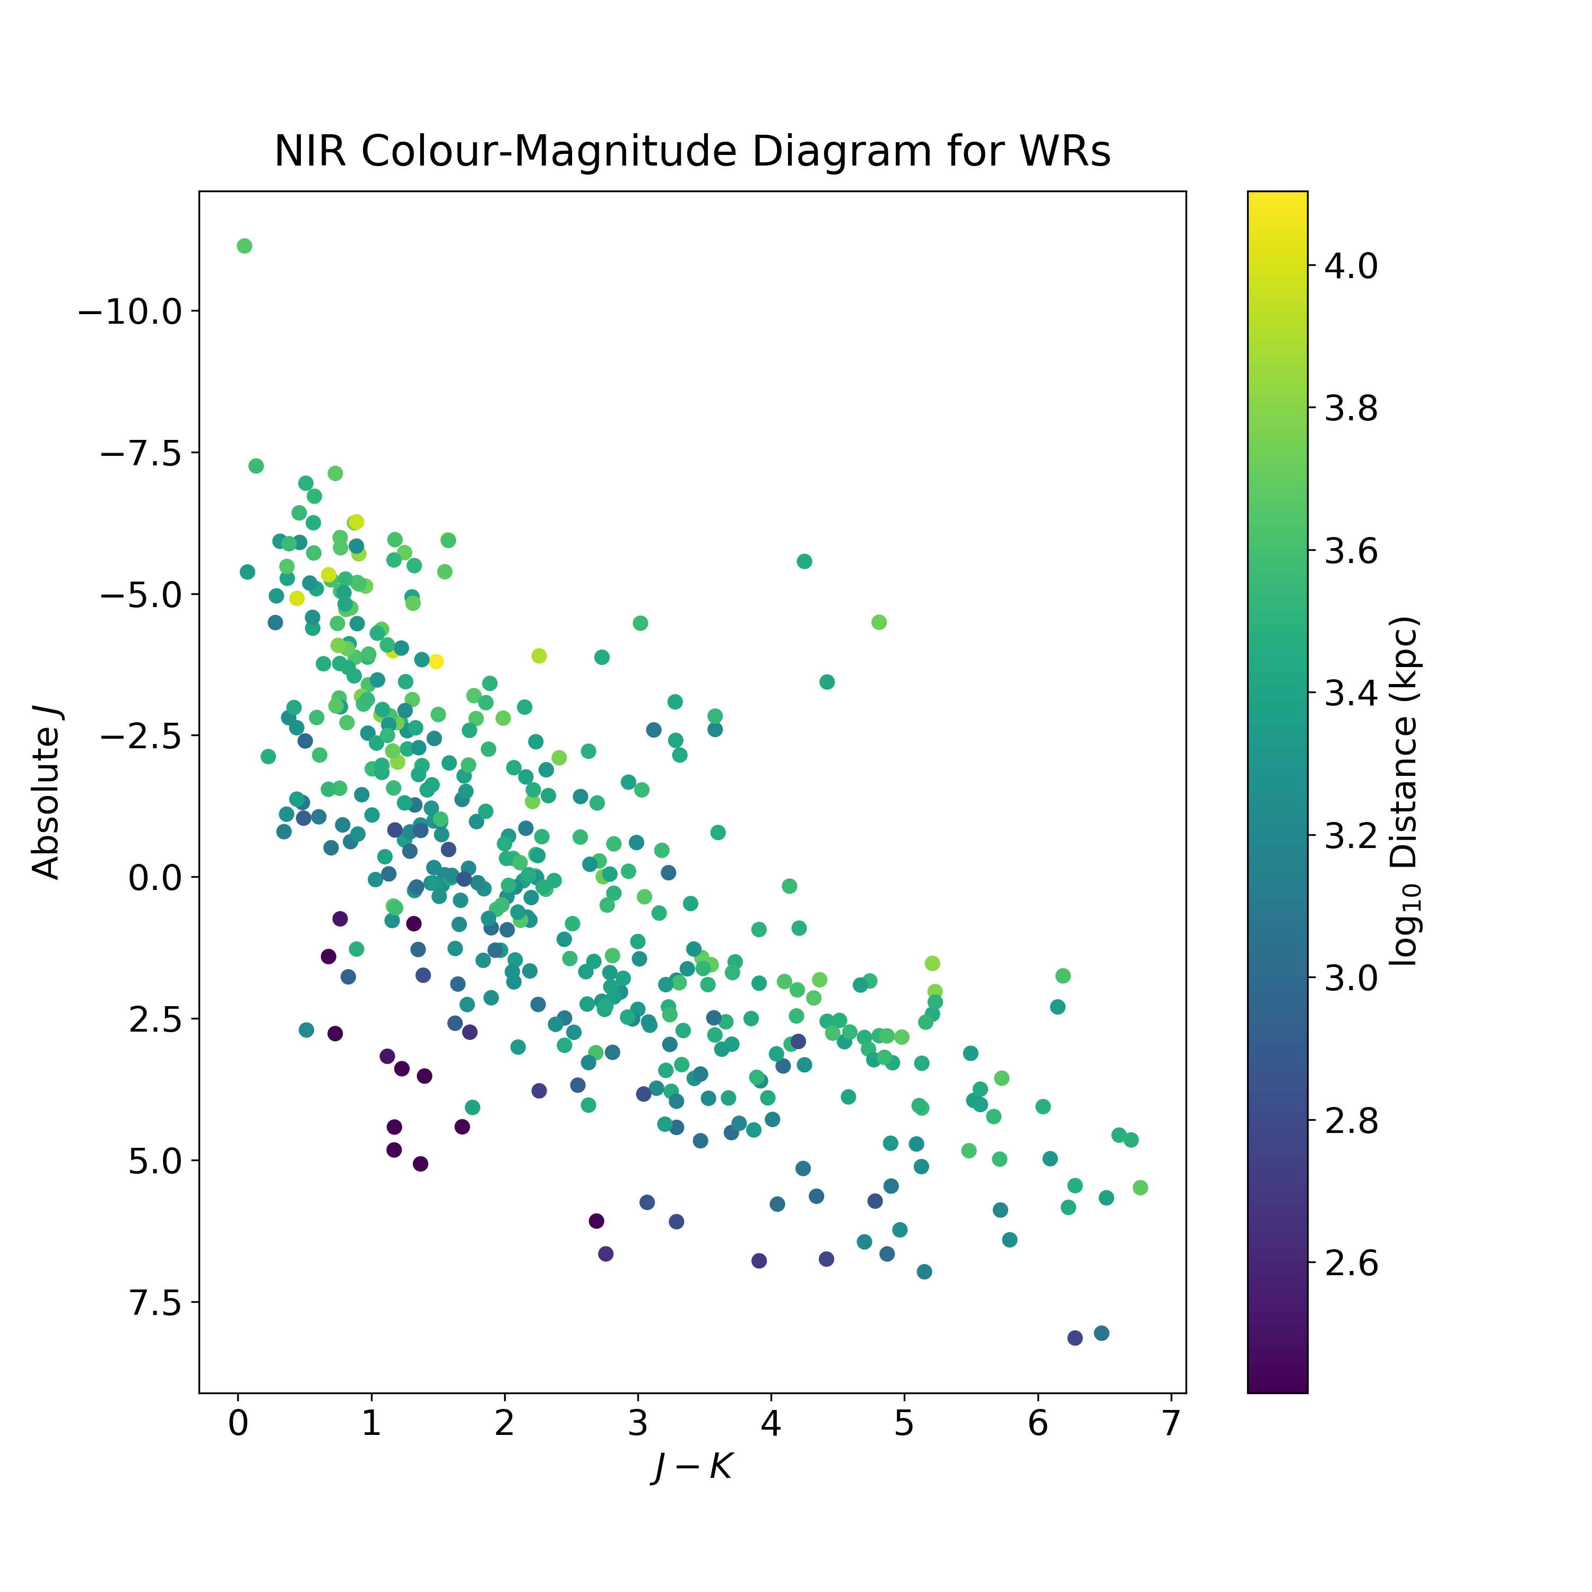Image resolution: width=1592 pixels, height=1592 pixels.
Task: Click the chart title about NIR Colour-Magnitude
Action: (692, 152)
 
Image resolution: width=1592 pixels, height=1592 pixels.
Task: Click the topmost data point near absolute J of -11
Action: (244, 246)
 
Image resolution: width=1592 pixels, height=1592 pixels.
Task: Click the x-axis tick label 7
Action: (1171, 1424)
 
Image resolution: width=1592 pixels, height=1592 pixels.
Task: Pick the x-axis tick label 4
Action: (771, 1424)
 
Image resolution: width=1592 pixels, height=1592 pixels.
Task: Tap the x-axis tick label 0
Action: (238, 1424)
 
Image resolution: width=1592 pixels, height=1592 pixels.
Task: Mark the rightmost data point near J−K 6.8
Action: (1140, 1188)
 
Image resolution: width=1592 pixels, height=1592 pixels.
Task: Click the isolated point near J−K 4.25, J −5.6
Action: (804, 561)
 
